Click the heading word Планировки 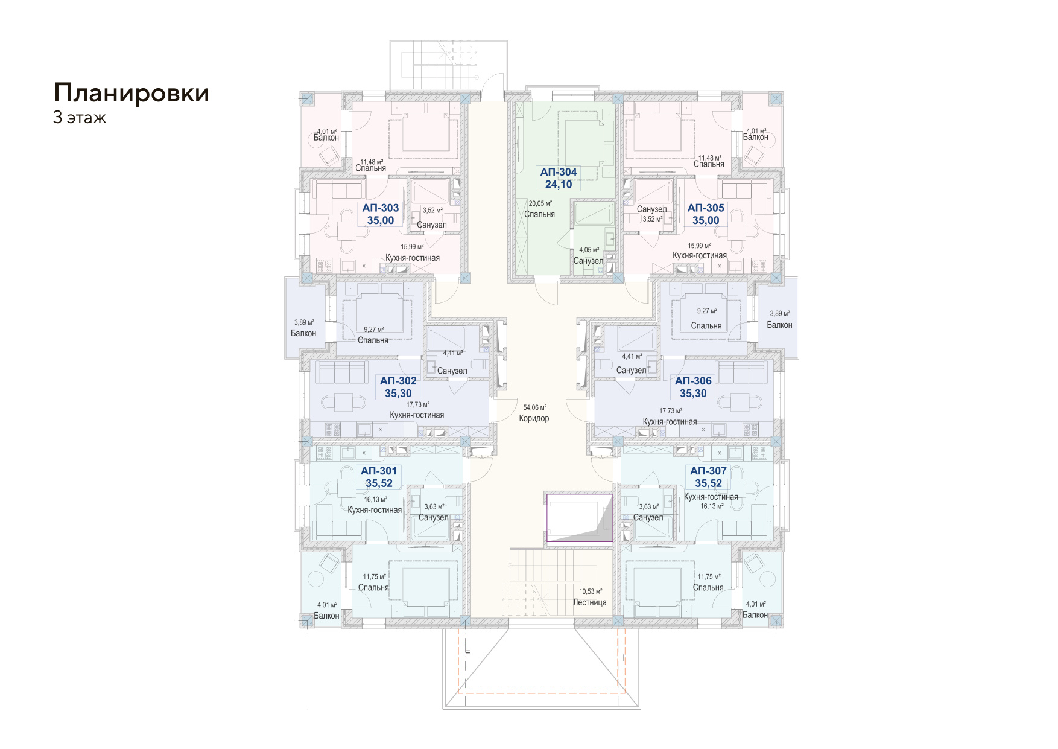tap(131, 94)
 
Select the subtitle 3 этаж tap(80, 118)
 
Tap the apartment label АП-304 tap(559, 172)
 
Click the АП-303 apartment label tap(381, 208)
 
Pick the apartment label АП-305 tap(706, 208)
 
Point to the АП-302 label tap(398, 381)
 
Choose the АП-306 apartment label tap(693, 381)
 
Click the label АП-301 tap(379, 471)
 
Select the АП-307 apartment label tap(708, 471)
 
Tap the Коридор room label tap(534, 418)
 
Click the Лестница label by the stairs tap(589, 602)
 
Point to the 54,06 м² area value tap(534, 407)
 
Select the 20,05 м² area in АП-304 tap(540, 203)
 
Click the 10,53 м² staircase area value tap(591, 591)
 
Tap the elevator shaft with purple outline tap(579, 518)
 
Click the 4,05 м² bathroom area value tap(589, 250)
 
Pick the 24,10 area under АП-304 tap(559, 185)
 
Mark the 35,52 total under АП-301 tap(379, 483)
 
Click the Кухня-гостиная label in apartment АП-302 tap(417, 415)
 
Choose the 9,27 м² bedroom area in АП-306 tap(707, 311)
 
